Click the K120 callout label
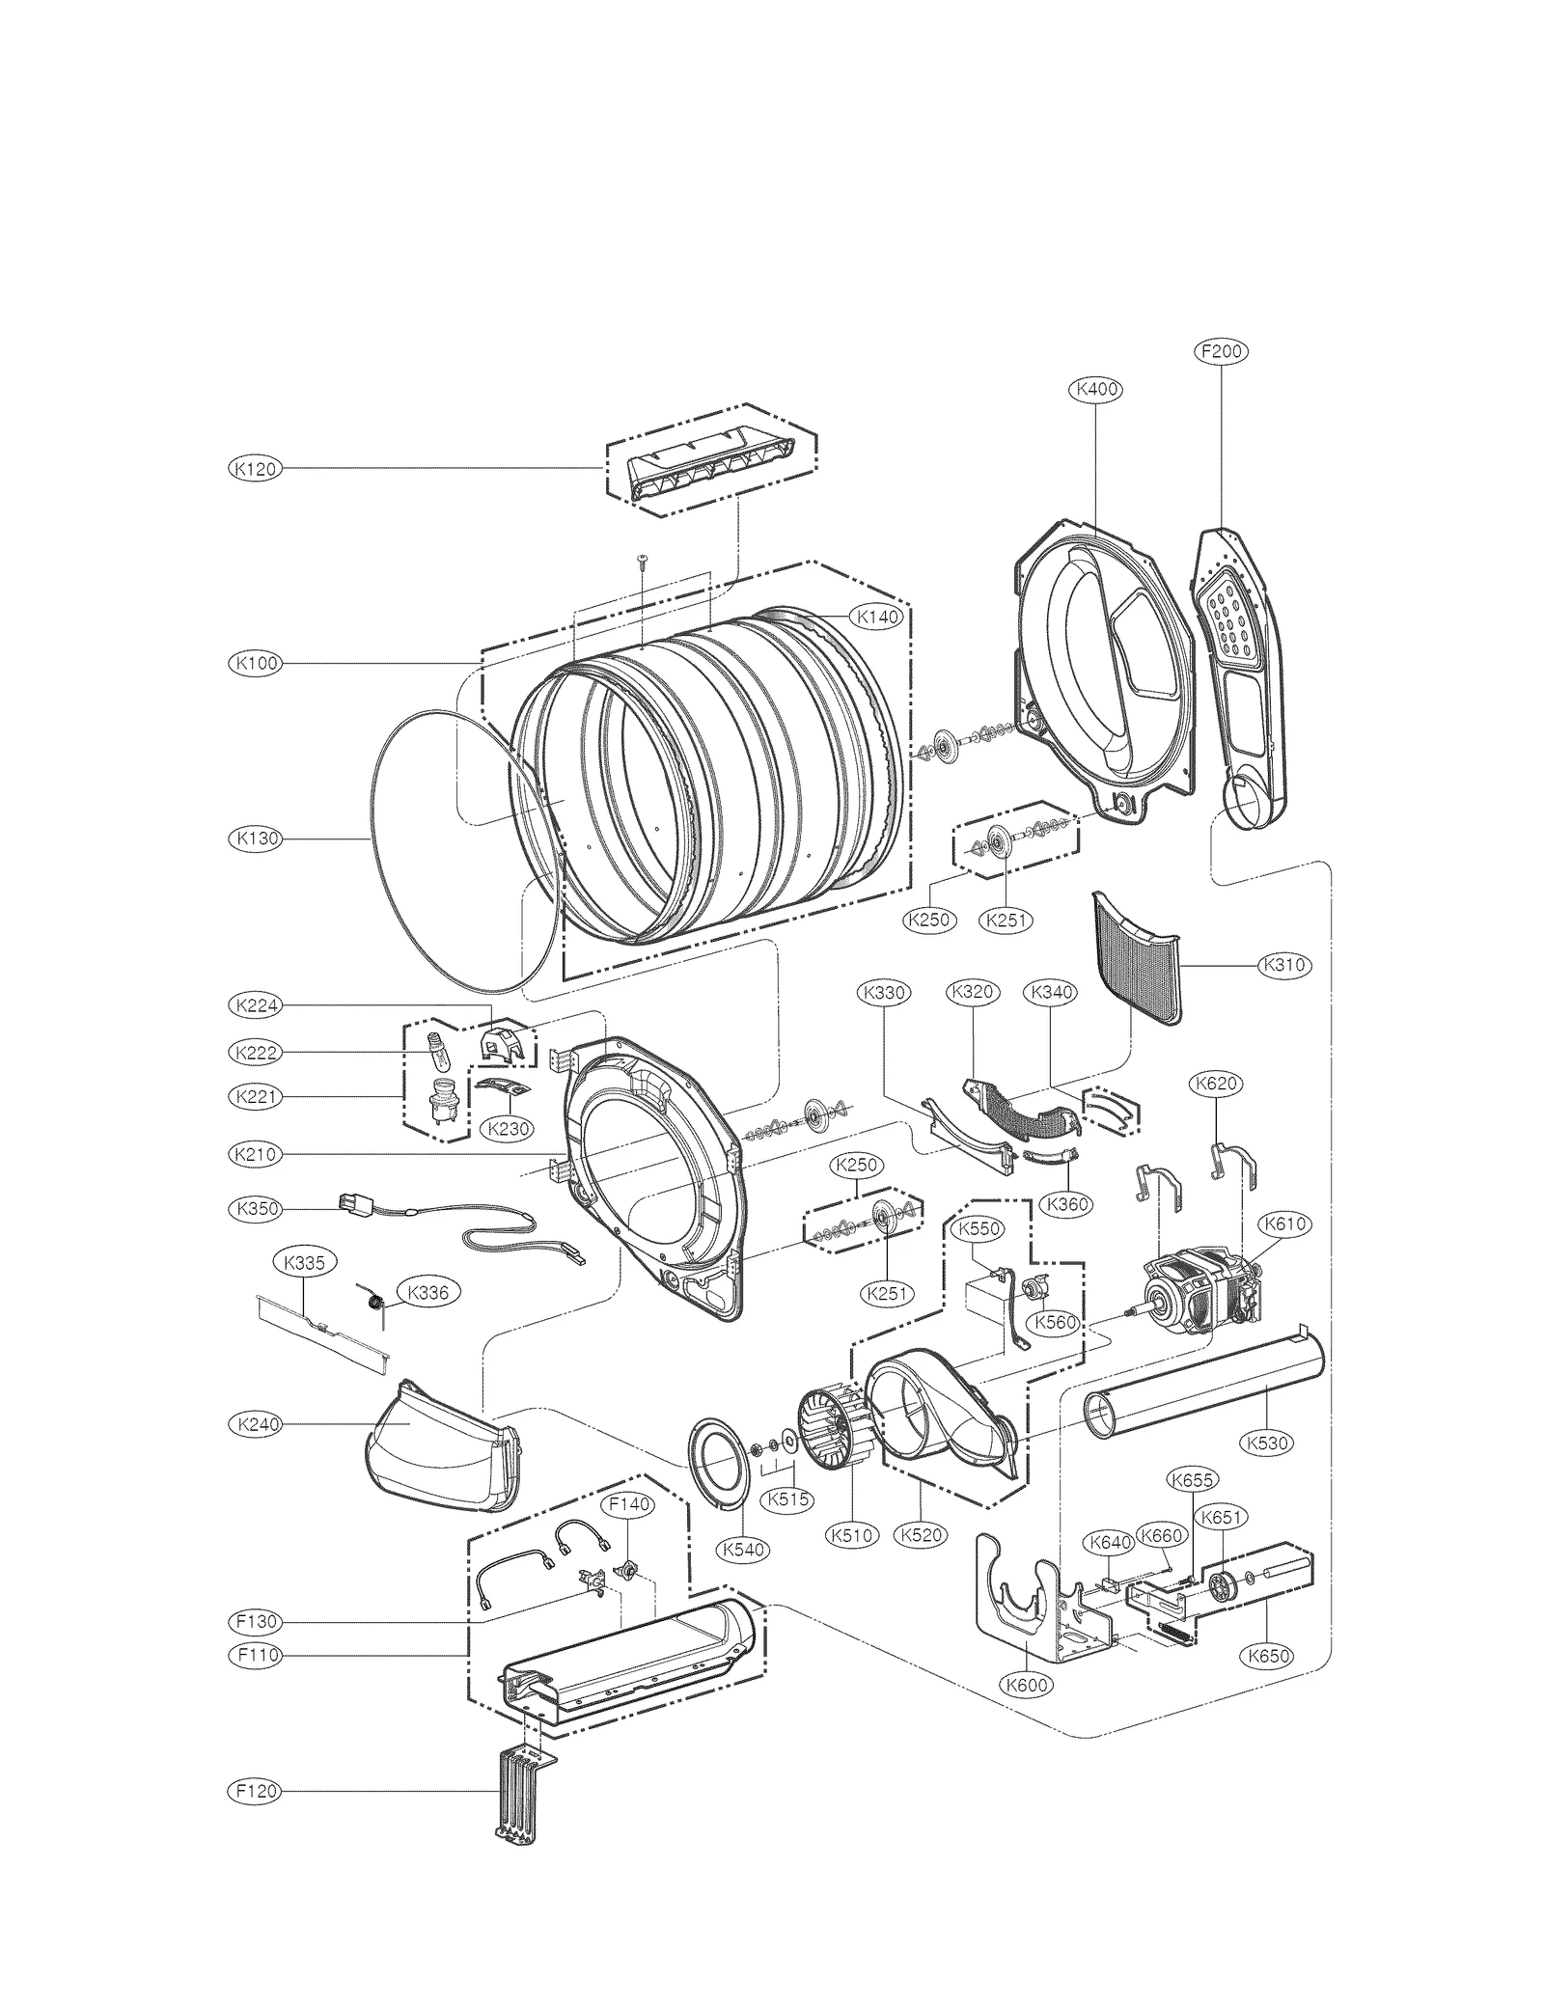pos(254,469)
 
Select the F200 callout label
pos(1221,352)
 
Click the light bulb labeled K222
pos(435,1051)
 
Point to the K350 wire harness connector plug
pos(349,1204)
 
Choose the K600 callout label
pos(1026,1685)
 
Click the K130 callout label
pos(254,839)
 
